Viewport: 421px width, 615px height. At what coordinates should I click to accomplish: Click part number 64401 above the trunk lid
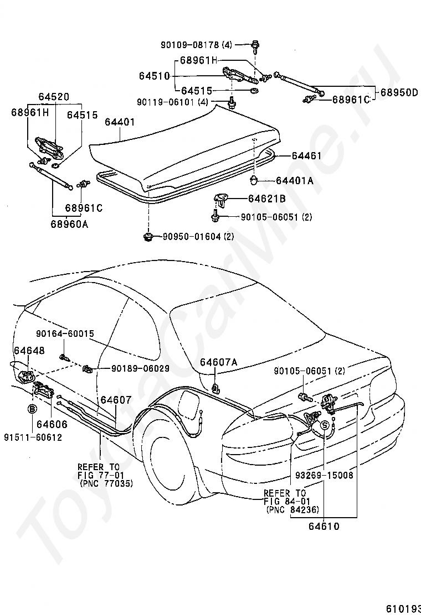coord(120,122)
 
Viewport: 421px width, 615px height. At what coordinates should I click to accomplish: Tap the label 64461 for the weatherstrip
coord(307,156)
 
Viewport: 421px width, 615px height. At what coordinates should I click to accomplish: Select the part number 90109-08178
coord(189,45)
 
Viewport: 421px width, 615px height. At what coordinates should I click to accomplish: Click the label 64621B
coord(267,199)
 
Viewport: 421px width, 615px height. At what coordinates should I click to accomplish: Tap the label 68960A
coord(69,225)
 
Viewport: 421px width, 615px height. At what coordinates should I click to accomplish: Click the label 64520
coord(54,97)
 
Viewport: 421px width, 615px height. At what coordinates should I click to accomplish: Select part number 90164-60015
coord(65,334)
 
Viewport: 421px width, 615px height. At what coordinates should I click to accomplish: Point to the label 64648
coord(29,350)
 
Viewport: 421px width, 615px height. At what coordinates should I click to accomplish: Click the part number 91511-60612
coord(33,437)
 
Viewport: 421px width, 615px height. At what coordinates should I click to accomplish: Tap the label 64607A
coord(219,362)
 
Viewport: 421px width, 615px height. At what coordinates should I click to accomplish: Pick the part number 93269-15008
coord(325,476)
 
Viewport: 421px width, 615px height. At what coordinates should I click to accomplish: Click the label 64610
coord(324,526)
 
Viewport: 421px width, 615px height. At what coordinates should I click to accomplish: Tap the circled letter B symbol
coord(32,409)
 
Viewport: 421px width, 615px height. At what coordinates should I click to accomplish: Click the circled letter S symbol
coord(325,425)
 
